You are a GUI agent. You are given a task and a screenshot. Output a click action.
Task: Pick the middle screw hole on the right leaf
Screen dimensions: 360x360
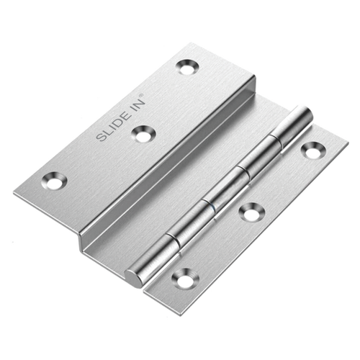coord(251,212)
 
